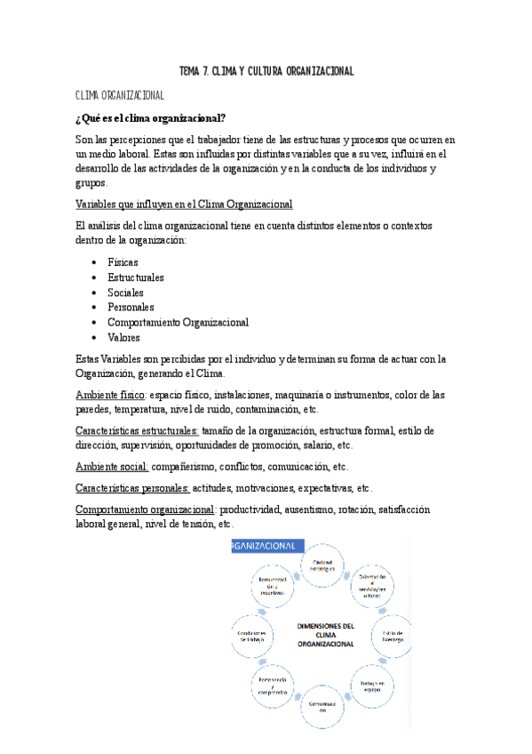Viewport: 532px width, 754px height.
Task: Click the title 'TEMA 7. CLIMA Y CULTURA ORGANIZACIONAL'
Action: point(266,71)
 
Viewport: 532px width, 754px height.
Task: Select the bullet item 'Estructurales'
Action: point(136,278)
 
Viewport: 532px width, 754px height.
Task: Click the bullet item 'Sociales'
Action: point(125,293)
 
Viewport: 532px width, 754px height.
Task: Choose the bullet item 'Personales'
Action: point(131,308)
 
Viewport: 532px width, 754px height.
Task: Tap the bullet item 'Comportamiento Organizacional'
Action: point(178,323)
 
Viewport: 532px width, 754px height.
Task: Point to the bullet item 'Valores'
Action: point(123,338)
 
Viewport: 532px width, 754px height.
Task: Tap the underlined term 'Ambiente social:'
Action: point(114,467)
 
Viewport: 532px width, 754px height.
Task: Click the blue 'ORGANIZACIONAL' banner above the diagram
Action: point(266,547)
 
